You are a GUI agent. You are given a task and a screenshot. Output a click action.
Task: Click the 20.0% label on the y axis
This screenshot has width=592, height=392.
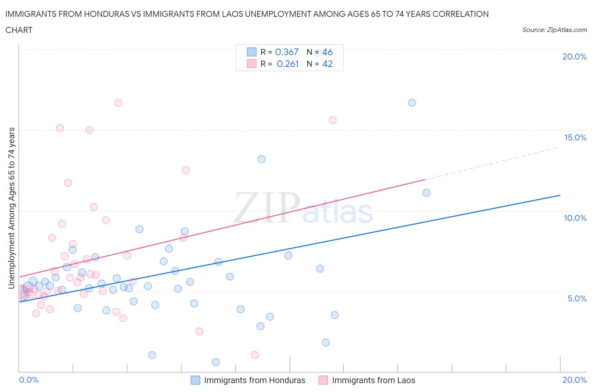574,57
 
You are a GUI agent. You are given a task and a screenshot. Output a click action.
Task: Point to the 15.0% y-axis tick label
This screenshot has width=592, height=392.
575,137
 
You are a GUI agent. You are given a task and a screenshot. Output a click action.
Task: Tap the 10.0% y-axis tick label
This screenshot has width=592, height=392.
575,218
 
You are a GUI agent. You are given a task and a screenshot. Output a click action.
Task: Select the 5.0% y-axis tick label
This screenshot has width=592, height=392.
577,298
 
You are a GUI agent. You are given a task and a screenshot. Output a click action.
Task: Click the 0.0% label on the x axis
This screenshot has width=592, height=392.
29,380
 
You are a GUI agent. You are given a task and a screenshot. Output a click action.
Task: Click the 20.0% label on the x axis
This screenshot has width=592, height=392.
574,380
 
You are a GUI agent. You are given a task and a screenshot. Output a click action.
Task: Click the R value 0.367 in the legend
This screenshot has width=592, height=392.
287,52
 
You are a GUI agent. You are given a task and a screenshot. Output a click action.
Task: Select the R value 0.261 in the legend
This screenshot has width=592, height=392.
288,64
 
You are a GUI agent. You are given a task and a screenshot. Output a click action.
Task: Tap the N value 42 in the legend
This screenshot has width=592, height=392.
327,64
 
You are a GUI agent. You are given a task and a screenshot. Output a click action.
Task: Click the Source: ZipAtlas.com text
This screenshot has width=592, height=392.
554,30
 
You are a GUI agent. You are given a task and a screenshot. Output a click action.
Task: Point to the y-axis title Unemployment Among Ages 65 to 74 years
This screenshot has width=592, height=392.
11,208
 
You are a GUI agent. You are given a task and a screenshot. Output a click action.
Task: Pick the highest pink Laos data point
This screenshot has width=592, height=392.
118,103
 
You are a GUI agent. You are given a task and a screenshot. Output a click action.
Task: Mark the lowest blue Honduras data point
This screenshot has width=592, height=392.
216,362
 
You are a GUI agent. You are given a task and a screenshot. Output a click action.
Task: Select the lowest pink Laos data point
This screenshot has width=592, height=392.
255,355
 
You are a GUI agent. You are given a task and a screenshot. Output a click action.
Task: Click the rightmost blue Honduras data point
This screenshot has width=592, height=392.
426,193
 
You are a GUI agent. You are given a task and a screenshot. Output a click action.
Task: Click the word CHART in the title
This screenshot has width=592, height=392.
19,30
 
